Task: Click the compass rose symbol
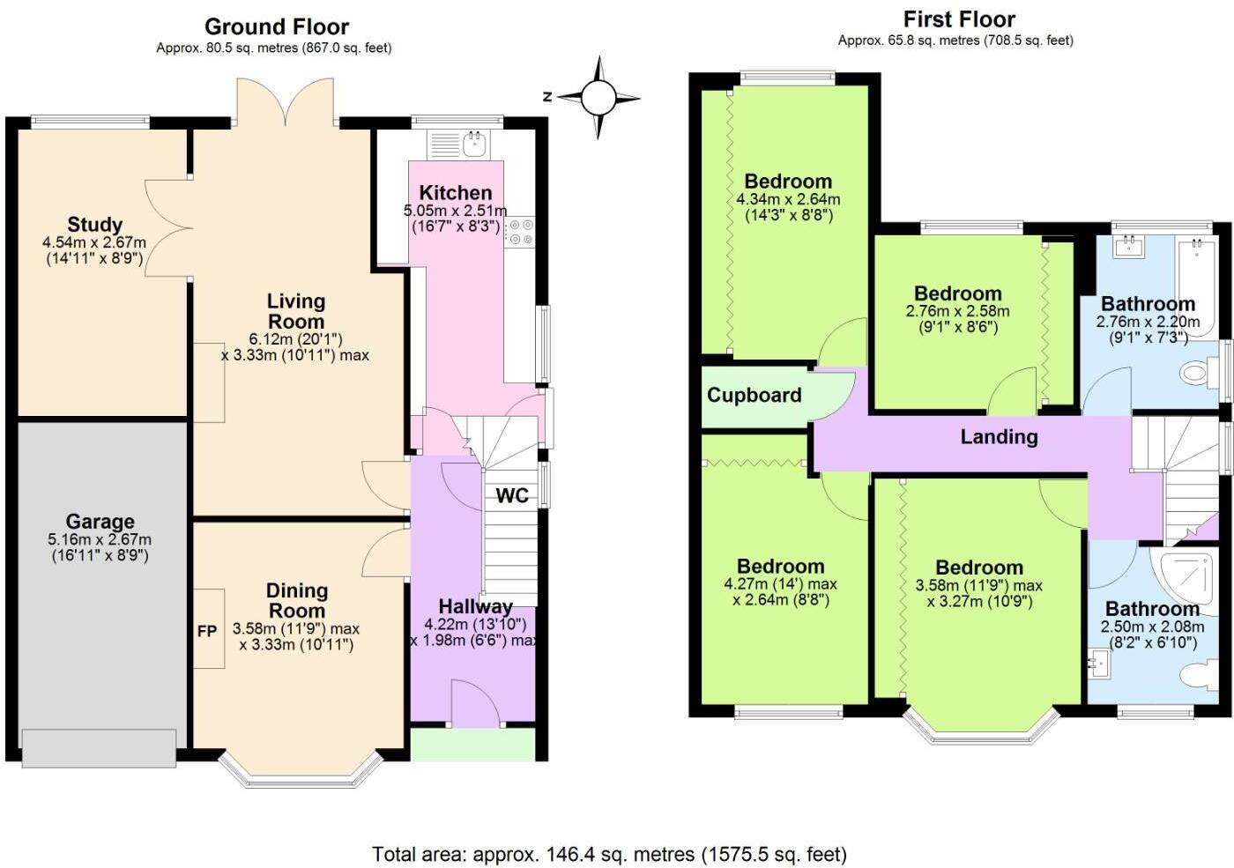[598, 98]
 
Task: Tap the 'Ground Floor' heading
[277, 26]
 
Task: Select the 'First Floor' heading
[959, 19]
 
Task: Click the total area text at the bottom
[609, 854]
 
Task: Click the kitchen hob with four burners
[520, 231]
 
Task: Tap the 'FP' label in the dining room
[207, 631]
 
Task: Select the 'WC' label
[512, 495]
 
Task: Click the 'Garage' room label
[100, 522]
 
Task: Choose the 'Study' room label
[94, 225]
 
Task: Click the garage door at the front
[99, 748]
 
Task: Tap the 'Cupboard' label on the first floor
[755, 395]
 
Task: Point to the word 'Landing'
[999, 436]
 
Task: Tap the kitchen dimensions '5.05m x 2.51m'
[455, 211]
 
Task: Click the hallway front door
[475, 705]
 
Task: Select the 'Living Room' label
[296, 312]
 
